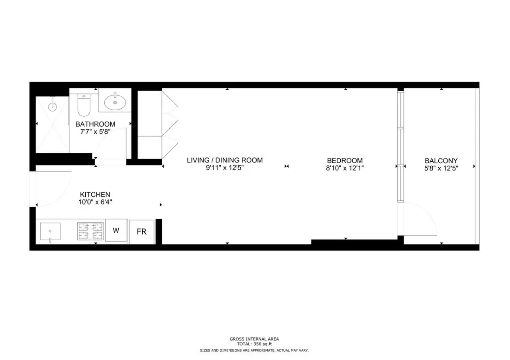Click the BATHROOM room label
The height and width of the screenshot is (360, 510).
pyautogui.click(x=95, y=124)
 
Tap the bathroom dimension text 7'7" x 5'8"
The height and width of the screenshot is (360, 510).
pyautogui.click(x=95, y=132)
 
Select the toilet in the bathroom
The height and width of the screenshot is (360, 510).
pyautogui.click(x=84, y=105)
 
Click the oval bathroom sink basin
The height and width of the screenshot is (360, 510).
pyautogui.click(x=115, y=102)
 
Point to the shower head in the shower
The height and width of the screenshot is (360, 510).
pyautogui.click(x=53, y=106)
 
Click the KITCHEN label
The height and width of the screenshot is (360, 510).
pyautogui.click(x=95, y=195)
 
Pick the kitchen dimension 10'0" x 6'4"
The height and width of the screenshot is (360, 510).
pyautogui.click(x=95, y=202)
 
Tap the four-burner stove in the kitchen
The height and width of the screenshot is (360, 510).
pyautogui.click(x=90, y=231)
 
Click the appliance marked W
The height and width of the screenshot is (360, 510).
pyautogui.click(x=116, y=230)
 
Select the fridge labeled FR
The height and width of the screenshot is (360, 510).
pyautogui.click(x=142, y=232)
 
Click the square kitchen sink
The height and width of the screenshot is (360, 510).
pyautogui.click(x=50, y=231)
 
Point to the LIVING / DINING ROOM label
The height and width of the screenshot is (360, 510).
pyautogui.click(x=225, y=160)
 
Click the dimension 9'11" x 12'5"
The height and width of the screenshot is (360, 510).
pyautogui.click(x=225, y=168)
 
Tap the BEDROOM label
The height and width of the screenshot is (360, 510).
pyautogui.click(x=345, y=160)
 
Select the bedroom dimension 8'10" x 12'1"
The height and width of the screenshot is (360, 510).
pyautogui.click(x=345, y=168)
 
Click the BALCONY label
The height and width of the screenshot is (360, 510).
pyautogui.click(x=441, y=161)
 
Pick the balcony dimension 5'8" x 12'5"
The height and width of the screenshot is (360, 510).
pyautogui.click(x=441, y=168)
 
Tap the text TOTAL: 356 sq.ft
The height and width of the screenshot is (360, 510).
pyautogui.click(x=254, y=344)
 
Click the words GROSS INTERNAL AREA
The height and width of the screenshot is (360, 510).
pyautogui.click(x=254, y=339)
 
